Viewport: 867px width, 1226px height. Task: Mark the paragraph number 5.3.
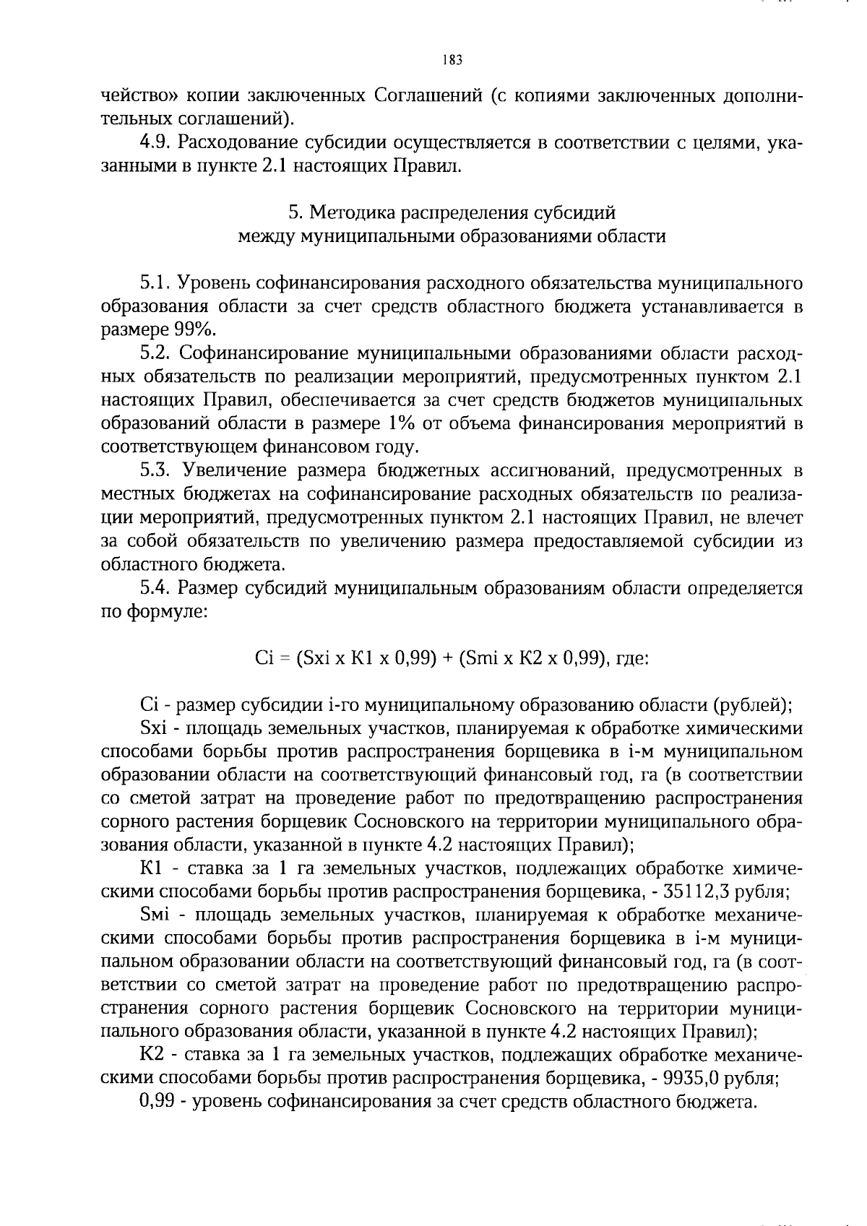click(x=155, y=470)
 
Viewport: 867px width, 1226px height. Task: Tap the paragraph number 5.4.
click(x=155, y=588)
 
